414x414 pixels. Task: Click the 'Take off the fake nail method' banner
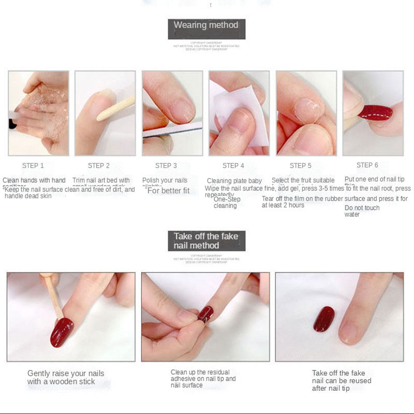206,241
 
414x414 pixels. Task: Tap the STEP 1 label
33,166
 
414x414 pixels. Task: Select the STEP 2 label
99,166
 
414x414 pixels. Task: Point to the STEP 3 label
166,166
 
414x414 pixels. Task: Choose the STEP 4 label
233,166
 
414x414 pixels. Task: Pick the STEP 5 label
301,166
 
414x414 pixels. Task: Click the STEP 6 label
367,165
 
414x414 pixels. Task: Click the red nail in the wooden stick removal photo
62,331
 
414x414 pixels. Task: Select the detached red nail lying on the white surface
324,319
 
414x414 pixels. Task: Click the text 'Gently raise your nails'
66,373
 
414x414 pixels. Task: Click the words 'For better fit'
169,190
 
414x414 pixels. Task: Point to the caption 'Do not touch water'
362,211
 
